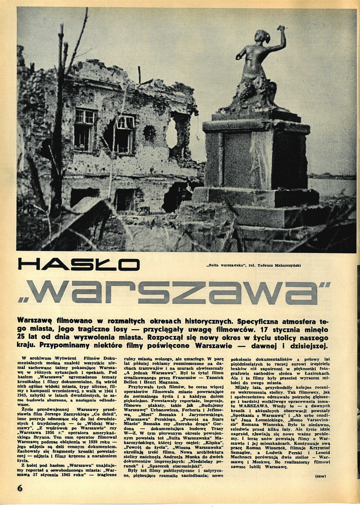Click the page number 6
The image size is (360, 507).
coord(20,488)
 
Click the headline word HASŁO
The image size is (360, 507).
coord(79,264)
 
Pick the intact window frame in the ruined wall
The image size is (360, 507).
coord(85,129)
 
